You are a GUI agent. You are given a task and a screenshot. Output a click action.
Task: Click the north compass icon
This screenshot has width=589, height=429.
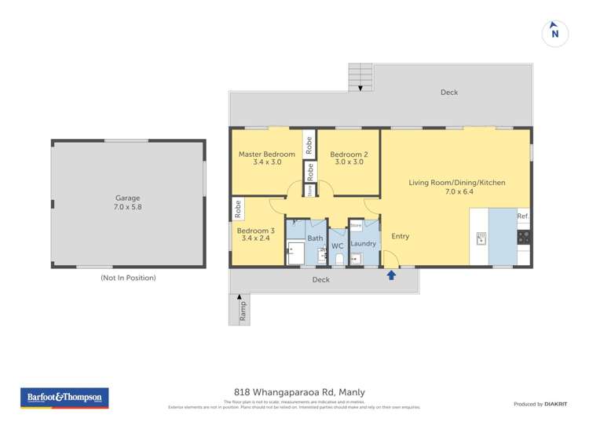coord(555,33)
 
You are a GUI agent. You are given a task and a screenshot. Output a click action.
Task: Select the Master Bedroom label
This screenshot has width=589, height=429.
coord(267,158)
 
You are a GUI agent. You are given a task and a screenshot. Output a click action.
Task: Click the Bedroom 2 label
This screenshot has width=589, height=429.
coord(349,158)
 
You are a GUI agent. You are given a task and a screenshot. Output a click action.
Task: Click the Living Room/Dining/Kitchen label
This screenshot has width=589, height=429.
coord(456,187)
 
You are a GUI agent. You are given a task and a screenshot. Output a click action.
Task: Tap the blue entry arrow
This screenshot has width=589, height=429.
coord(391,274)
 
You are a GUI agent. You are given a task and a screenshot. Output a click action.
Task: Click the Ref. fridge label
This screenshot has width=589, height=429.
coord(523,216)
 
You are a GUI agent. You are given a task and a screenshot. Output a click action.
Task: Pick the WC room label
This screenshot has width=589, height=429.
coord(338,246)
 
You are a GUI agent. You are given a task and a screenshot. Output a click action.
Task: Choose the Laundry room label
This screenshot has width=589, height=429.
coord(364,244)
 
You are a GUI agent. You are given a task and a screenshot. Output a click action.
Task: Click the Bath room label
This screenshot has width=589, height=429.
coord(315,238)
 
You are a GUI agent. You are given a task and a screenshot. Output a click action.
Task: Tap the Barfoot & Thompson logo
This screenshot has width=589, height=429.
coord(64,398)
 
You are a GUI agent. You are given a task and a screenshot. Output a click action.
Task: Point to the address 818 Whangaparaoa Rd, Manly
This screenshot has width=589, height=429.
coord(299,392)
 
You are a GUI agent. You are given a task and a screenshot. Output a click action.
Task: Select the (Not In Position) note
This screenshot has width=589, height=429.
coord(128,278)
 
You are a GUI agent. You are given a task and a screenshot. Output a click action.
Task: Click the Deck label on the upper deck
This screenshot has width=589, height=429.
coord(449,93)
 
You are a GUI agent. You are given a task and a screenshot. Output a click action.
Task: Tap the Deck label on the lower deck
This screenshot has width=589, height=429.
coord(320,280)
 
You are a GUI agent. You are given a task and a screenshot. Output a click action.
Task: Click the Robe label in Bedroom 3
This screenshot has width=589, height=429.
coord(237,209)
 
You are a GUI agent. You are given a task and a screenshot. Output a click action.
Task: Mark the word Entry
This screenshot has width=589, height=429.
coord(400,236)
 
